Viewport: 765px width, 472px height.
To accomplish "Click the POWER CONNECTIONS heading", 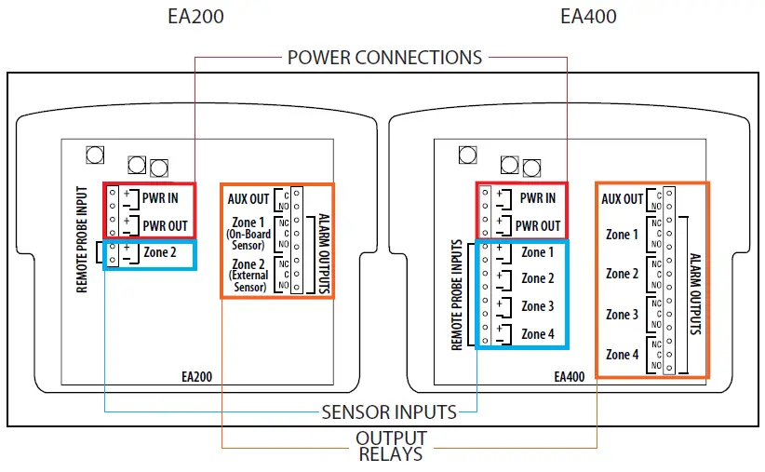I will (x=384, y=57).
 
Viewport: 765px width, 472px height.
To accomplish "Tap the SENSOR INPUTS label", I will (x=388, y=411).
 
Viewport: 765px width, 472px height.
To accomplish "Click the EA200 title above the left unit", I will (x=195, y=16).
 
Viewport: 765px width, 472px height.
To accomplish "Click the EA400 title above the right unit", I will (x=588, y=16).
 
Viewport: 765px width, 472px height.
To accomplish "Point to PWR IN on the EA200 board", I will (x=160, y=197).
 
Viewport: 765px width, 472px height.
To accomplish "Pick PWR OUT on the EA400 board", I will (x=538, y=225).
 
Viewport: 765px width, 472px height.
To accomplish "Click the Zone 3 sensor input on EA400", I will (x=537, y=306).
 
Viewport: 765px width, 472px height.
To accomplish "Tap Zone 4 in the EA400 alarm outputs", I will (x=622, y=355).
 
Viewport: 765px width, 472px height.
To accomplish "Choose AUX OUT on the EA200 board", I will (x=248, y=198).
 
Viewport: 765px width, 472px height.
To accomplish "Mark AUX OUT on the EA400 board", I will (x=623, y=198).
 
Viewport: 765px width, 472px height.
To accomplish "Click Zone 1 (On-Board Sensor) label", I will (x=247, y=229).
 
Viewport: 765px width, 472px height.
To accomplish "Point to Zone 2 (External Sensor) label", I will (x=248, y=276).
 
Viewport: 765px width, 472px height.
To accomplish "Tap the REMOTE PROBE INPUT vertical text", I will (x=82, y=237).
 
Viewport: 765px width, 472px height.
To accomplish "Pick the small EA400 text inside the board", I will (x=569, y=378).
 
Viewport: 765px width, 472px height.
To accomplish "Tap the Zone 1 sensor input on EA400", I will (x=537, y=252).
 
